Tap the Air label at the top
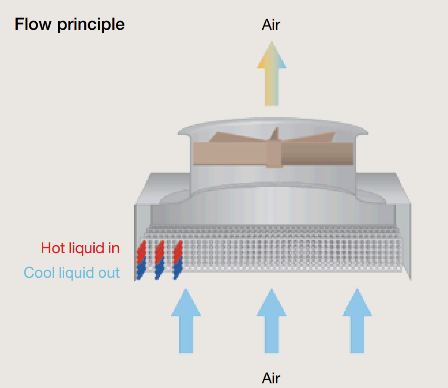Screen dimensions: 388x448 tap(271, 24)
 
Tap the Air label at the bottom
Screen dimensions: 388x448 tap(271, 378)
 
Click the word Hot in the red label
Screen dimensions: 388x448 tap(52, 248)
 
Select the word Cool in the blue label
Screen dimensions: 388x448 tap(38, 273)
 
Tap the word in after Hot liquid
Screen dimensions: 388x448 tap(115, 248)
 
